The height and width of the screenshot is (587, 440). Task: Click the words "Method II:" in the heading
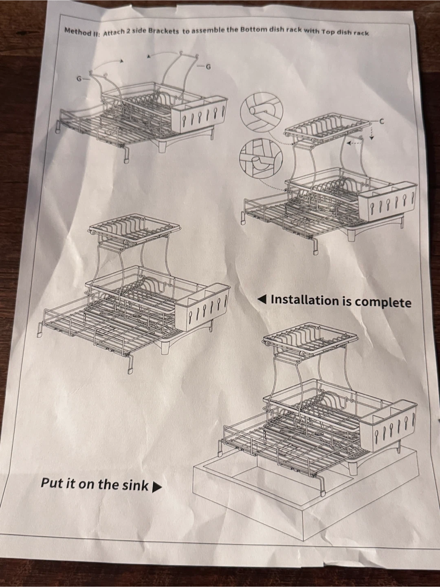[82, 31]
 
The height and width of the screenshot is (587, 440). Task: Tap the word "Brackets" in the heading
[163, 31]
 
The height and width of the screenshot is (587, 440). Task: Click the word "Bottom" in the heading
[253, 29]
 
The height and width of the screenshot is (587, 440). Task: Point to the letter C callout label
[382, 121]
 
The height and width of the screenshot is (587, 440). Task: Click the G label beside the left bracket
[79, 79]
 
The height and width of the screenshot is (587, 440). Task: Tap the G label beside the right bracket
[208, 67]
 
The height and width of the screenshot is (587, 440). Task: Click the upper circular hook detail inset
[261, 111]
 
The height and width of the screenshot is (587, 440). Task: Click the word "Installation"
[304, 300]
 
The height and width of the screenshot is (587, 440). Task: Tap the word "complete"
[383, 302]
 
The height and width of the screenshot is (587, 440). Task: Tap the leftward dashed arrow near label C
[354, 143]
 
